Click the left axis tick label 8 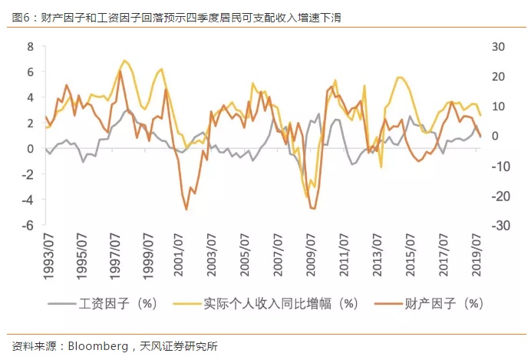(31, 46)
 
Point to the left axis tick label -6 (28, 226)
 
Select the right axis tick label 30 (499, 46)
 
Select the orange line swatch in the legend (386, 303)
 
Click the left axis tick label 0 (31, 149)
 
